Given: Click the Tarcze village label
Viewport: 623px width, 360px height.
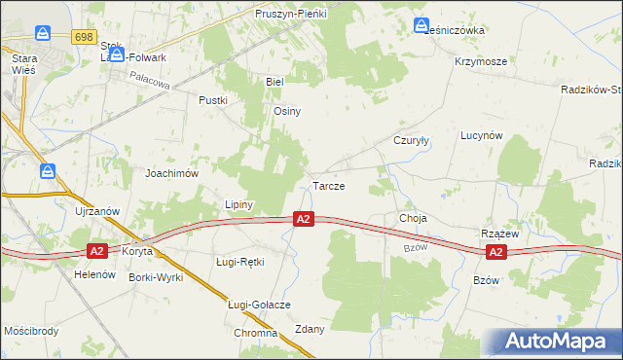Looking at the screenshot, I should point(328,186).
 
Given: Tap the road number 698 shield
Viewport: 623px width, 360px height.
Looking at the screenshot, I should point(84,36).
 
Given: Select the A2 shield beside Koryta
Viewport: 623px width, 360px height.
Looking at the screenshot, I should point(96,251).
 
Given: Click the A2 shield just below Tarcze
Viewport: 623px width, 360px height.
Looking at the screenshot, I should point(304,221).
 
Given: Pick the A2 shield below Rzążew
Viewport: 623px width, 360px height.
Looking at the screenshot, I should point(495,253).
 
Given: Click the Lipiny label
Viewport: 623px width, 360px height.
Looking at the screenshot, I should point(238,205).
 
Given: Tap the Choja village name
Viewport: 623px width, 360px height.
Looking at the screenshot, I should point(414,218).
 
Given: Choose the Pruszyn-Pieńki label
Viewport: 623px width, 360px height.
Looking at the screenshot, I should point(291,15).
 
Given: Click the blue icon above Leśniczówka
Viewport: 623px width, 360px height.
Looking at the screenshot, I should point(421,26).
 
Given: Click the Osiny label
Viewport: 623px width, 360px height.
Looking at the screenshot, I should point(287,111).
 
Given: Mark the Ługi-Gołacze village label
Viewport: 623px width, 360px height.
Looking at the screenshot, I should point(259,305).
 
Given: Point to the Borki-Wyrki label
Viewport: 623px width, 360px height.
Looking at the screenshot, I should point(156,277).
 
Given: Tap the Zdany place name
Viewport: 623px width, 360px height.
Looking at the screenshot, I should point(310,329).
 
